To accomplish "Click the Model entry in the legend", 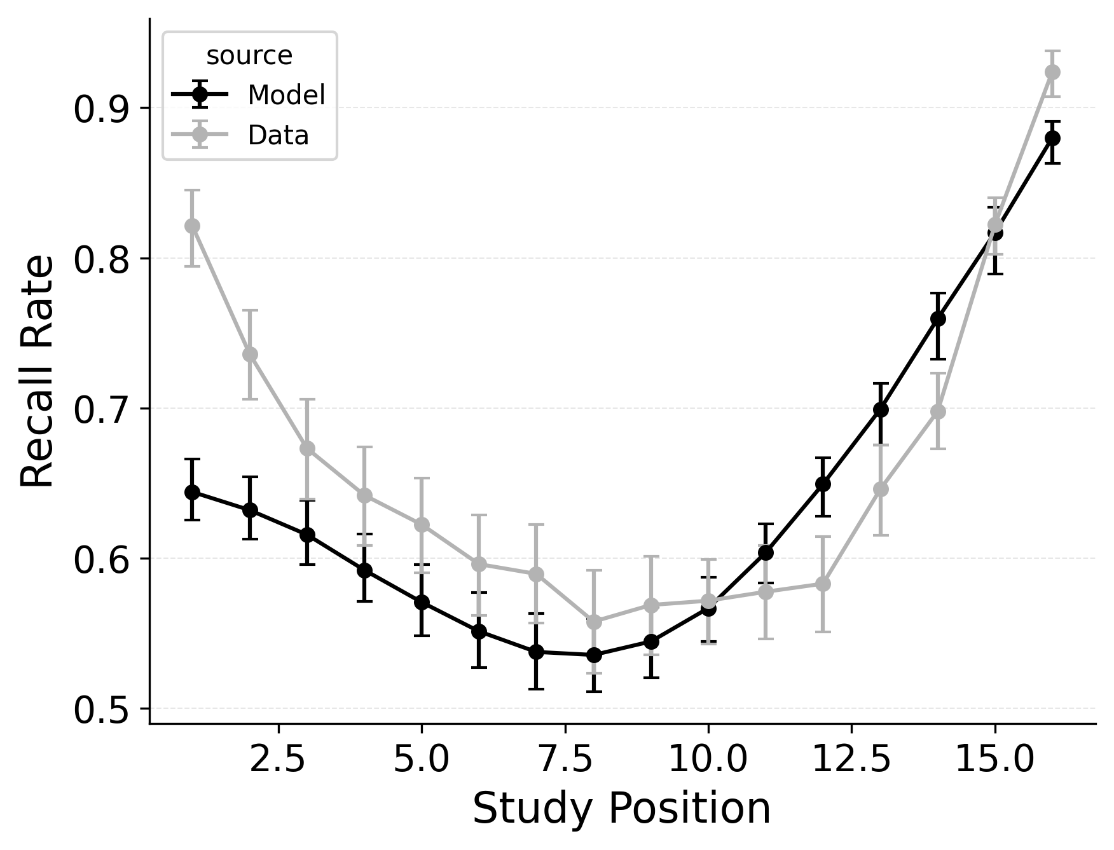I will [286, 95].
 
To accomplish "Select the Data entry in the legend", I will [278, 135].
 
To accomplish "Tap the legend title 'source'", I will [249, 56].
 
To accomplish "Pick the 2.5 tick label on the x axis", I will [279, 759].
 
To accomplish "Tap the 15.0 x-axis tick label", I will [994, 759].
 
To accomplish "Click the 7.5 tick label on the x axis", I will [565, 759].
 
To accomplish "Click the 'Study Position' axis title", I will [621, 809].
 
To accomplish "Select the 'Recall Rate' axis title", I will [37, 371].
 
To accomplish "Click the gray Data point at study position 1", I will [192, 226].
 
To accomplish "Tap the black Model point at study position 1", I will [192, 492].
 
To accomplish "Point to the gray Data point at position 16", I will [1052, 72].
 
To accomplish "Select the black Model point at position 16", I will [1052, 138].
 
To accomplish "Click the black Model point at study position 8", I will [594, 655].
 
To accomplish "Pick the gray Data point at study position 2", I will [250, 354].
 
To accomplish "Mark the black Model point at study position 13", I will [881, 409].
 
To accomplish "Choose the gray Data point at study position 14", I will [938, 411].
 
